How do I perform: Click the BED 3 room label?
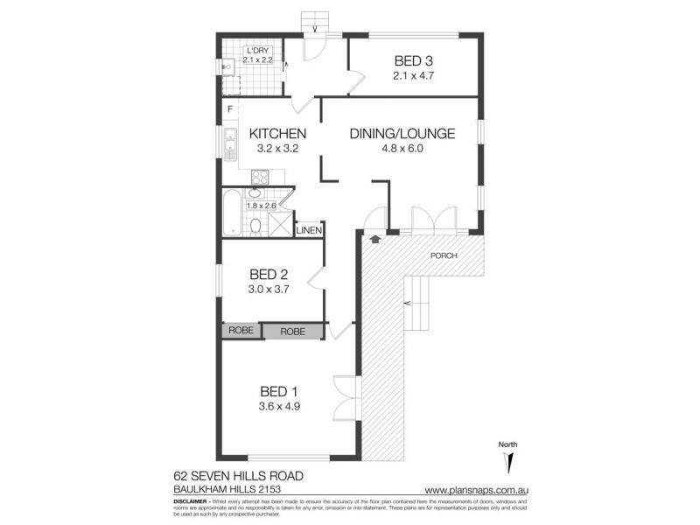(x=414, y=60)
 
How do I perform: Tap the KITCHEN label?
(x=277, y=134)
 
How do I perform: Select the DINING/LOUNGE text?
(x=402, y=134)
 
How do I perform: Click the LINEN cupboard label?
(x=309, y=231)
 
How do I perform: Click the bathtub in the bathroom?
(x=230, y=214)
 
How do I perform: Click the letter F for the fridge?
(x=229, y=109)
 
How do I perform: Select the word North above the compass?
(x=507, y=444)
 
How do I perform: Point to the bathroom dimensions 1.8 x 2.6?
(x=261, y=206)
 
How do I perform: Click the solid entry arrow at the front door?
(x=375, y=238)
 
